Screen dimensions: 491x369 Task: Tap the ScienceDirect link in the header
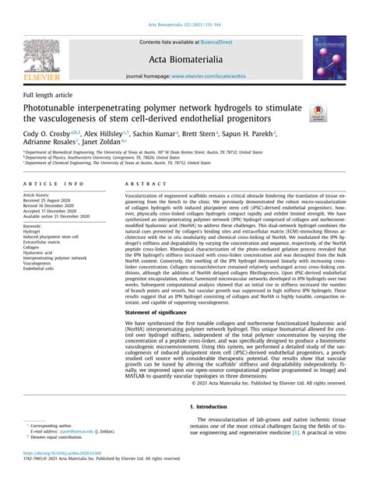(221, 42)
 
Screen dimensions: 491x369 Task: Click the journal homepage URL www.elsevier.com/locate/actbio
(207, 77)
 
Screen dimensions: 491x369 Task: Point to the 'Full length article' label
(48, 94)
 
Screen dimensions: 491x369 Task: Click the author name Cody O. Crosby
(48, 135)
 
